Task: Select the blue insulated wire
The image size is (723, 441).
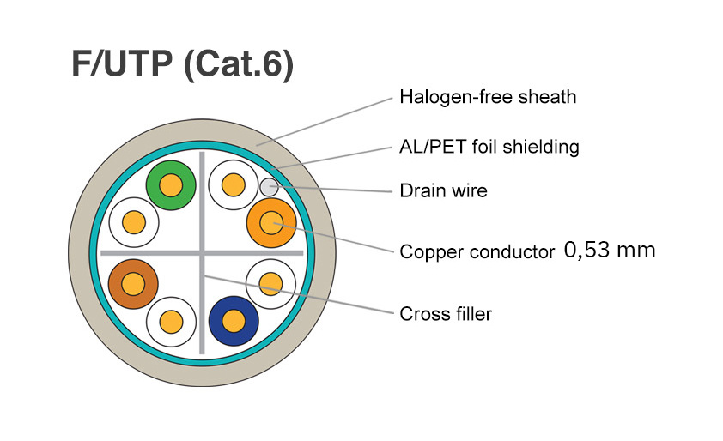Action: (x=234, y=321)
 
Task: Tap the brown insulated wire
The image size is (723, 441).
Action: (x=133, y=282)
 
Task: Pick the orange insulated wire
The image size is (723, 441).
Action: (x=271, y=222)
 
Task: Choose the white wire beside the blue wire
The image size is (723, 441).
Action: (x=271, y=282)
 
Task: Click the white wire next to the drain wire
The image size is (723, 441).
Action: (x=233, y=184)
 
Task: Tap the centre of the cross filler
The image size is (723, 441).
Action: (x=203, y=252)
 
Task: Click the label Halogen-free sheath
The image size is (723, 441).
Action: (x=488, y=96)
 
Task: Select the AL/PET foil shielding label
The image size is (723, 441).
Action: (x=489, y=147)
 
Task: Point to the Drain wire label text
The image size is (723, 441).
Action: (x=443, y=190)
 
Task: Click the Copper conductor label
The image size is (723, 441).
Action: (x=477, y=252)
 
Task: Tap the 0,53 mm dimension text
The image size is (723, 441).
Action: (x=610, y=251)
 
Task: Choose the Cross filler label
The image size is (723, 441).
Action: (x=446, y=313)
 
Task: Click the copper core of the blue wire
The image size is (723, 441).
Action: (x=234, y=321)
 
